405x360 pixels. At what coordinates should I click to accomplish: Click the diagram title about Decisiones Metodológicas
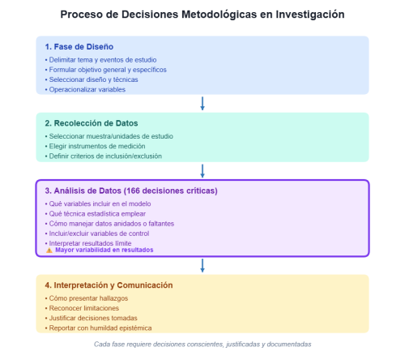(202, 15)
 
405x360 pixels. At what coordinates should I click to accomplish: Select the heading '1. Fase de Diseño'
(79, 46)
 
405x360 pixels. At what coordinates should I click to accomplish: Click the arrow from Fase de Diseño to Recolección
(202, 103)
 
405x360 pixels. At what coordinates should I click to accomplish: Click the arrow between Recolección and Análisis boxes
(202, 170)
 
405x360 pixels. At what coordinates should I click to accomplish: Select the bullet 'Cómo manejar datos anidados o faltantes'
(110, 223)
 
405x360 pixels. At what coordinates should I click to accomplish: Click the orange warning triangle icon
(49, 251)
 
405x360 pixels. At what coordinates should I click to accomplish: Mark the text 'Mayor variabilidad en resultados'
(104, 251)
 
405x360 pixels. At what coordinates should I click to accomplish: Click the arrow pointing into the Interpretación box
(202, 265)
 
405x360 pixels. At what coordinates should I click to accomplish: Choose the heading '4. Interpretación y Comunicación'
(109, 285)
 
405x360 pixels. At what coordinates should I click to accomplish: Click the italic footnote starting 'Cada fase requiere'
(202, 345)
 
